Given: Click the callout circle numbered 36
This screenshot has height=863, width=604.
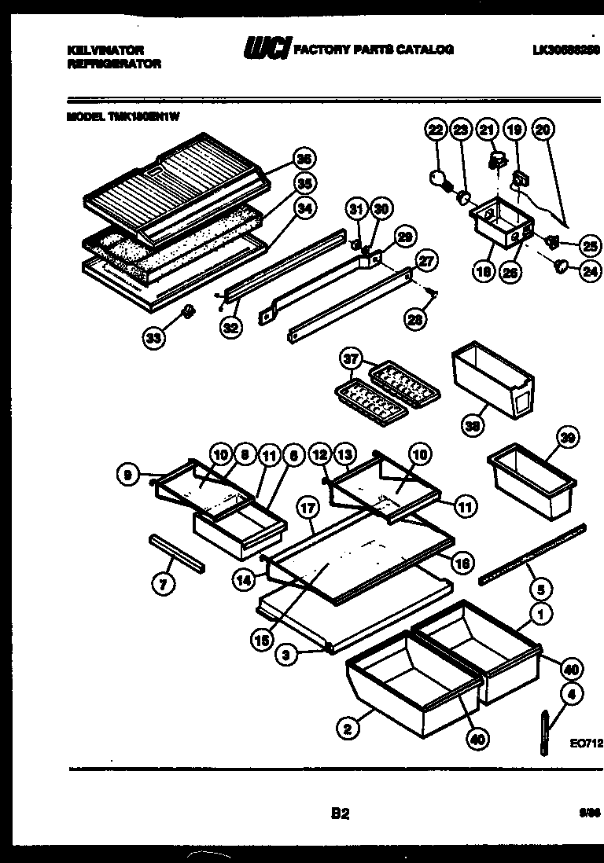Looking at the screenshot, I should click(x=300, y=159).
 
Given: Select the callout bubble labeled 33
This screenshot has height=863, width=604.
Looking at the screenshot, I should click(x=154, y=339).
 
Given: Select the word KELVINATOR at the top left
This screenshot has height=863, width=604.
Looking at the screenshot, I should click(x=97, y=50).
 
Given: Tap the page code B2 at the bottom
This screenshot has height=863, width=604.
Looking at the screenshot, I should click(x=339, y=814).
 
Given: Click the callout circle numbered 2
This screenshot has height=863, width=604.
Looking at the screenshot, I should click(x=346, y=730).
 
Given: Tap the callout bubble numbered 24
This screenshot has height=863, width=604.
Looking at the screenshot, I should click(x=587, y=274).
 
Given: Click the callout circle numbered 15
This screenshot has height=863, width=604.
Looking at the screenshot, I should click(x=260, y=641).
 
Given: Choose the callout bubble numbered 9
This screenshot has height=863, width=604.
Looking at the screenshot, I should click(x=126, y=474).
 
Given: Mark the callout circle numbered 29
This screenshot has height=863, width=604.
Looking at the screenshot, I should click(x=405, y=237).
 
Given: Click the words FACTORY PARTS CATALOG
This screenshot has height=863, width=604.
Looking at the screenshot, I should click(x=373, y=50).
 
